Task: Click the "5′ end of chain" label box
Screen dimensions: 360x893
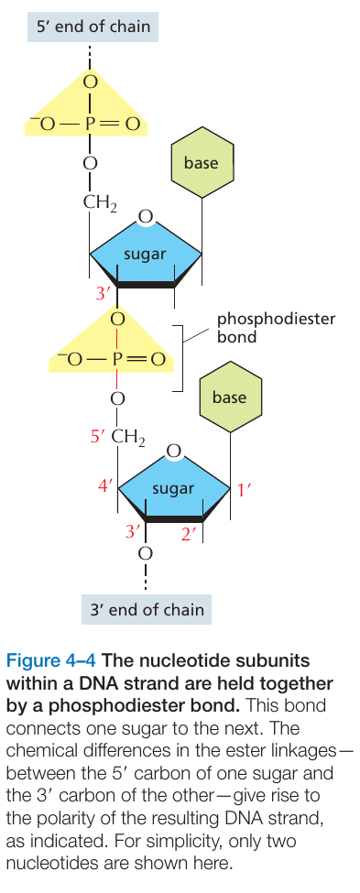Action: [93, 27]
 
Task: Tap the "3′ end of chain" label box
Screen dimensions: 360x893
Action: [147, 609]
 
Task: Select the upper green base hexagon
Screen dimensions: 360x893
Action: [202, 162]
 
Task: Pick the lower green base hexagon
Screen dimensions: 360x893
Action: [230, 397]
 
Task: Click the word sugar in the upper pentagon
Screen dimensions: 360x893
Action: [146, 254]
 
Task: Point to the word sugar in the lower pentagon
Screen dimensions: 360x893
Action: [173, 488]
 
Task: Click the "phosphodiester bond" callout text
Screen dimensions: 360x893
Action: [276, 328]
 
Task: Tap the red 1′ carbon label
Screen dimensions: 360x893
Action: [244, 490]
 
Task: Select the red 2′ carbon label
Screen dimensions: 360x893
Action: [189, 534]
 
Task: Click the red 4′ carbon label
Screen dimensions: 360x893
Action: [107, 486]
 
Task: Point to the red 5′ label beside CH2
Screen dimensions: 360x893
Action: [99, 437]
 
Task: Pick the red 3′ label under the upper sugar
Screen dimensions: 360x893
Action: [104, 295]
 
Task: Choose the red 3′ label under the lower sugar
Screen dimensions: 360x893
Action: [133, 531]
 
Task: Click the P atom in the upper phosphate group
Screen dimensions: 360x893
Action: [90, 124]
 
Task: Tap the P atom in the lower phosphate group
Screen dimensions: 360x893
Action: [118, 359]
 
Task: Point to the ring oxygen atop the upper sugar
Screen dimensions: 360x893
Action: [146, 217]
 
